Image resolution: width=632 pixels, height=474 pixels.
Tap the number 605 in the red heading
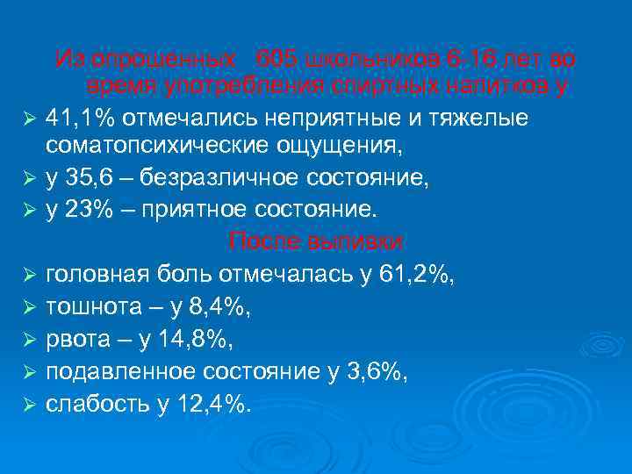[x=274, y=60]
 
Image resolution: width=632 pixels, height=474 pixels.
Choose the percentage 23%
[x=86, y=211]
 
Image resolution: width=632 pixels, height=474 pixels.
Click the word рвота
[x=75, y=339]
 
